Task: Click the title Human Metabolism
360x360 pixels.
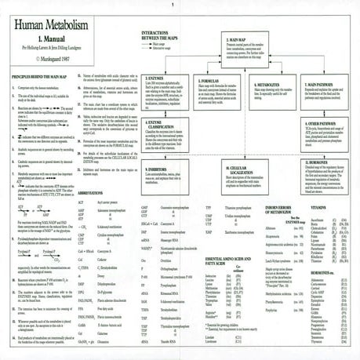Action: [49, 27]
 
